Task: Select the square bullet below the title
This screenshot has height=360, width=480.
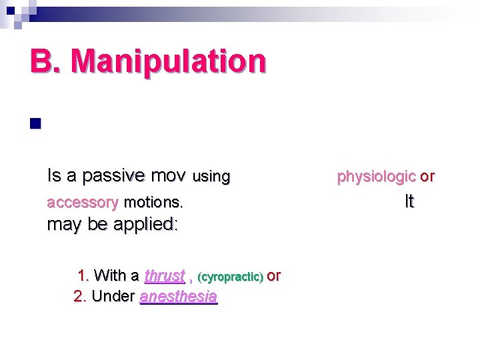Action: (x=35, y=123)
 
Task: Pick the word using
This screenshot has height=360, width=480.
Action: (x=211, y=177)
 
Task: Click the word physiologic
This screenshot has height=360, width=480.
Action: (x=376, y=177)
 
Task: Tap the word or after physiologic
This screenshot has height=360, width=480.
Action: (x=427, y=177)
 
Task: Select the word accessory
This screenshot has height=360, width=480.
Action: (x=83, y=201)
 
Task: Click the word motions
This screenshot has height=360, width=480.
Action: (x=154, y=201)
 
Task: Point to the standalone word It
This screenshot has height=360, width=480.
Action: (x=409, y=201)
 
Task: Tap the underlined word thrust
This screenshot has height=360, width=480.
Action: (x=165, y=275)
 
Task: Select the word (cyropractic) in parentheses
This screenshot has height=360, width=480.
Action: (x=231, y=276)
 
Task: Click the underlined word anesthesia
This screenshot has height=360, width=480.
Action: (x=179, y=297)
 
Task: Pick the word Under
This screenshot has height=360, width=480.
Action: (x=114, y=296)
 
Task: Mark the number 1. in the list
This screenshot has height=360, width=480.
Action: (x=84, y=275)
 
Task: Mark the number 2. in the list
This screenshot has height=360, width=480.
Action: (x=80, y=296)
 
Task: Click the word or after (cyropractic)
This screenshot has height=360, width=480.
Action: (x=274, y=275)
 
